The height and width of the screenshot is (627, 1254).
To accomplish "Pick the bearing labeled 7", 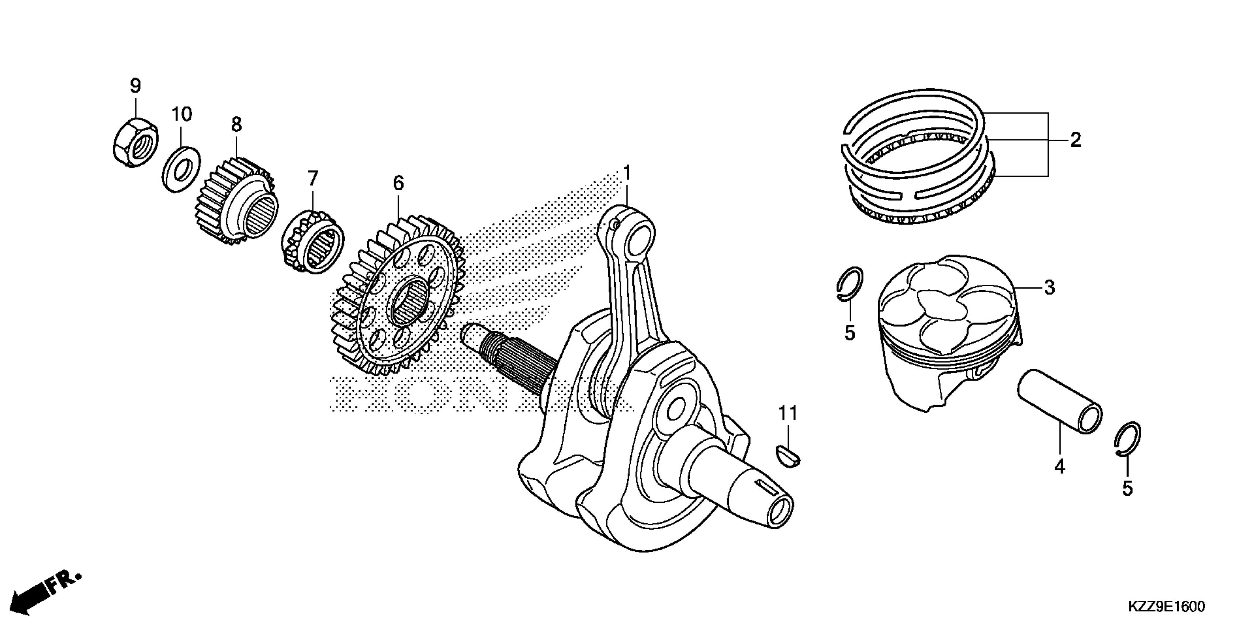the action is pyautogui.click(x=313, y=242).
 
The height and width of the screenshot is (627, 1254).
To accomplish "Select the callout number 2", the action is pyautogui.click(x=1075, y=141).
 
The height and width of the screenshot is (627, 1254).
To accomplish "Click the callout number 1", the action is pyautogui.click(x=627, y=173).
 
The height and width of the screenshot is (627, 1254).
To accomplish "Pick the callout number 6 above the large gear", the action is pyautogui.click(x=398, y=184).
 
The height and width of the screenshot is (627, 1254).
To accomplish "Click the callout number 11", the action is pyautogui.click(x=788, y=414).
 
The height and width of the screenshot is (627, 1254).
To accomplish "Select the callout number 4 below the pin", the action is pyautogui.click(x=1059, y=467).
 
